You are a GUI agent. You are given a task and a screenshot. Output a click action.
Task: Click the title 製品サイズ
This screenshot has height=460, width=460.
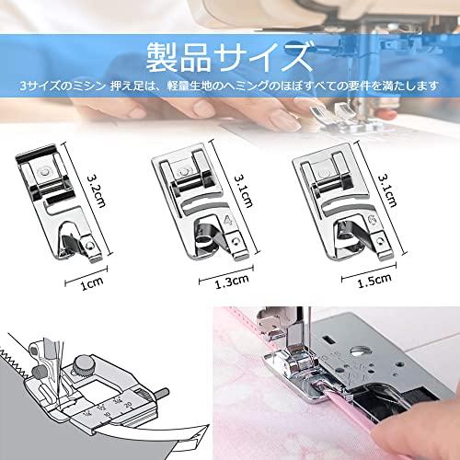[230, 56]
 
